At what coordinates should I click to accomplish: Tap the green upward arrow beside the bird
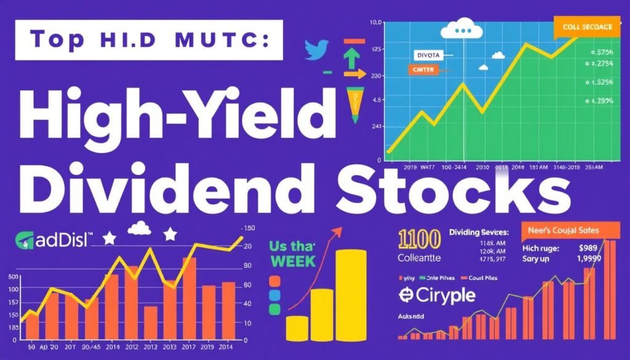351,57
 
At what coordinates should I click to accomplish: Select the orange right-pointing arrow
353,74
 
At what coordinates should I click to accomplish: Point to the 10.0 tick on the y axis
377,23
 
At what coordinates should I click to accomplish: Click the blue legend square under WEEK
274,295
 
